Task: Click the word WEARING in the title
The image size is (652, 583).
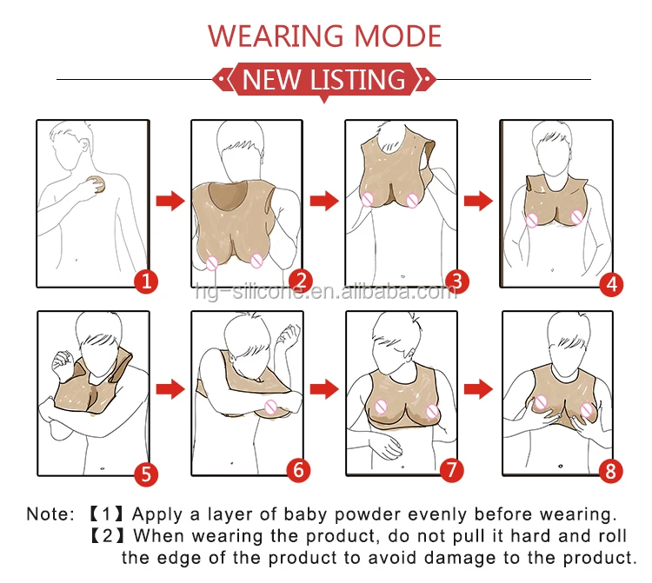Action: click(x=276, y=36)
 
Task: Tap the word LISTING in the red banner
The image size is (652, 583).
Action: click(x=358, y=79)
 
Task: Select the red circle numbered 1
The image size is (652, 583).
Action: click(x=146, y=282)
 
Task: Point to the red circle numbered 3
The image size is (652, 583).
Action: click(x=456, y=282)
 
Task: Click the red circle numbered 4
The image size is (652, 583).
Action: click(x=611, y=285)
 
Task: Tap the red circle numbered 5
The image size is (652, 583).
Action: click(x=146, y=474)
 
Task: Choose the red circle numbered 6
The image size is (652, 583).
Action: click(x=298, y=470)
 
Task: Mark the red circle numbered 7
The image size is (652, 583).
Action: click(x=451, y=470)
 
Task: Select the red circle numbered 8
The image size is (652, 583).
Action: click(x=610, y=471)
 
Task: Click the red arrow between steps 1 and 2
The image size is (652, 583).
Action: click(x=170, y=201)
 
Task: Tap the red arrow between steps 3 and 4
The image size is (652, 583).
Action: click(x=479, y=201)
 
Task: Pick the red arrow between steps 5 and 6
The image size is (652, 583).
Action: click(x=170, y=389)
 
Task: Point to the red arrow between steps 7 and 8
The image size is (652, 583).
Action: click(x=479, y=389)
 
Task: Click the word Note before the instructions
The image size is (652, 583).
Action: click(x=46, y=514)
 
